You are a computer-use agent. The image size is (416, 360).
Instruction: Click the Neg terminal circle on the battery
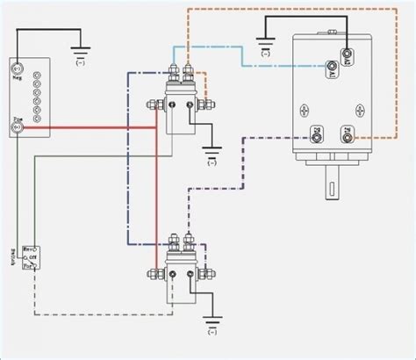click(16, 68)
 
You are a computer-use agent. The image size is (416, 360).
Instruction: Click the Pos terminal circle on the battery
click(16, 128)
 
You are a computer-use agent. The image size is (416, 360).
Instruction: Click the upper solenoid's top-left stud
click(172, 70)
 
